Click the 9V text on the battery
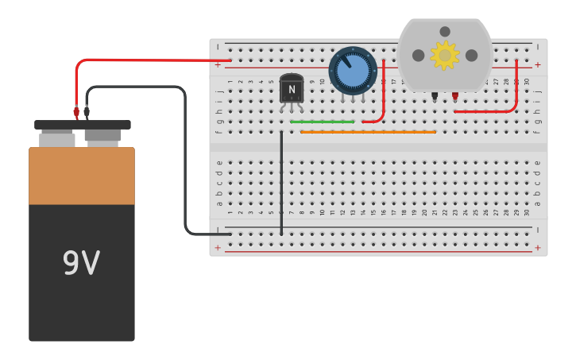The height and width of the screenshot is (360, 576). coord(81,263)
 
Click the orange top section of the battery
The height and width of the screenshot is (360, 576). coord(82,176)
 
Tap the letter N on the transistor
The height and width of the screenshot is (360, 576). coord(292,90)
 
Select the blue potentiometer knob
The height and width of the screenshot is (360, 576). coord(353,72)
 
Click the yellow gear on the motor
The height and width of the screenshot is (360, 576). coord(444,55)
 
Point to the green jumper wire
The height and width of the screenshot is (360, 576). coord(323,122)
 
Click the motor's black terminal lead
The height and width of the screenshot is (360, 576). coord(435,95)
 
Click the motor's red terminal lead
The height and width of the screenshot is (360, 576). coord(455,95)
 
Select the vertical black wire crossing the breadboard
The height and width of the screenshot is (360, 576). coord(281,183)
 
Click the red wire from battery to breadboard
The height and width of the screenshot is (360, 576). coord(159,60)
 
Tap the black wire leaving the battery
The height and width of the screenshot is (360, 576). coord(185,159)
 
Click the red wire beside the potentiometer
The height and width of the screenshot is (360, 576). coord(384,95)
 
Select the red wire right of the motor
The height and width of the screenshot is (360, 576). coord(516,91)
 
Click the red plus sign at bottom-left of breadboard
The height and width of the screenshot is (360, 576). coord(218,248)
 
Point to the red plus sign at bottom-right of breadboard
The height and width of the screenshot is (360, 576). coord(538,248)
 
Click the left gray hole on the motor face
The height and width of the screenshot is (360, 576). coord(418,55)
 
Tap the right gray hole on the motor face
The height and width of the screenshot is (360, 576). coord(471,55)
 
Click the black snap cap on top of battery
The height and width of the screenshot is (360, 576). coord(83,125)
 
